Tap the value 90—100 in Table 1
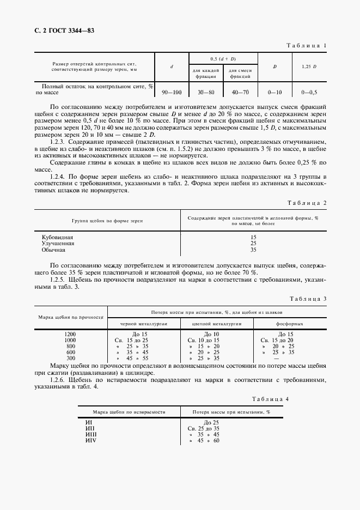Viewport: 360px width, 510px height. (172, 93)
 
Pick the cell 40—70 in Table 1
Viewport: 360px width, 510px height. (240, 93)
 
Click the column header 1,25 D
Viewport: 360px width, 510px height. (309, 66)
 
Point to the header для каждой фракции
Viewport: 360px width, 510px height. (205, 74)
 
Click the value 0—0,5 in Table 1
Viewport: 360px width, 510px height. (309, 93)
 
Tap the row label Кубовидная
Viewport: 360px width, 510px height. (57, 238)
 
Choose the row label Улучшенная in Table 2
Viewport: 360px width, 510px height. (58, 244)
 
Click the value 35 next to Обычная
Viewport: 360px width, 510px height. (253, 250)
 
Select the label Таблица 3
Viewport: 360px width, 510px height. (307, 299)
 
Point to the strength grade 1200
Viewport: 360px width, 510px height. (70, 333)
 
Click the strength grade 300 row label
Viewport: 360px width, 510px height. (70, 358)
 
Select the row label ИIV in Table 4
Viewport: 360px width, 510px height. (91, 440)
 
